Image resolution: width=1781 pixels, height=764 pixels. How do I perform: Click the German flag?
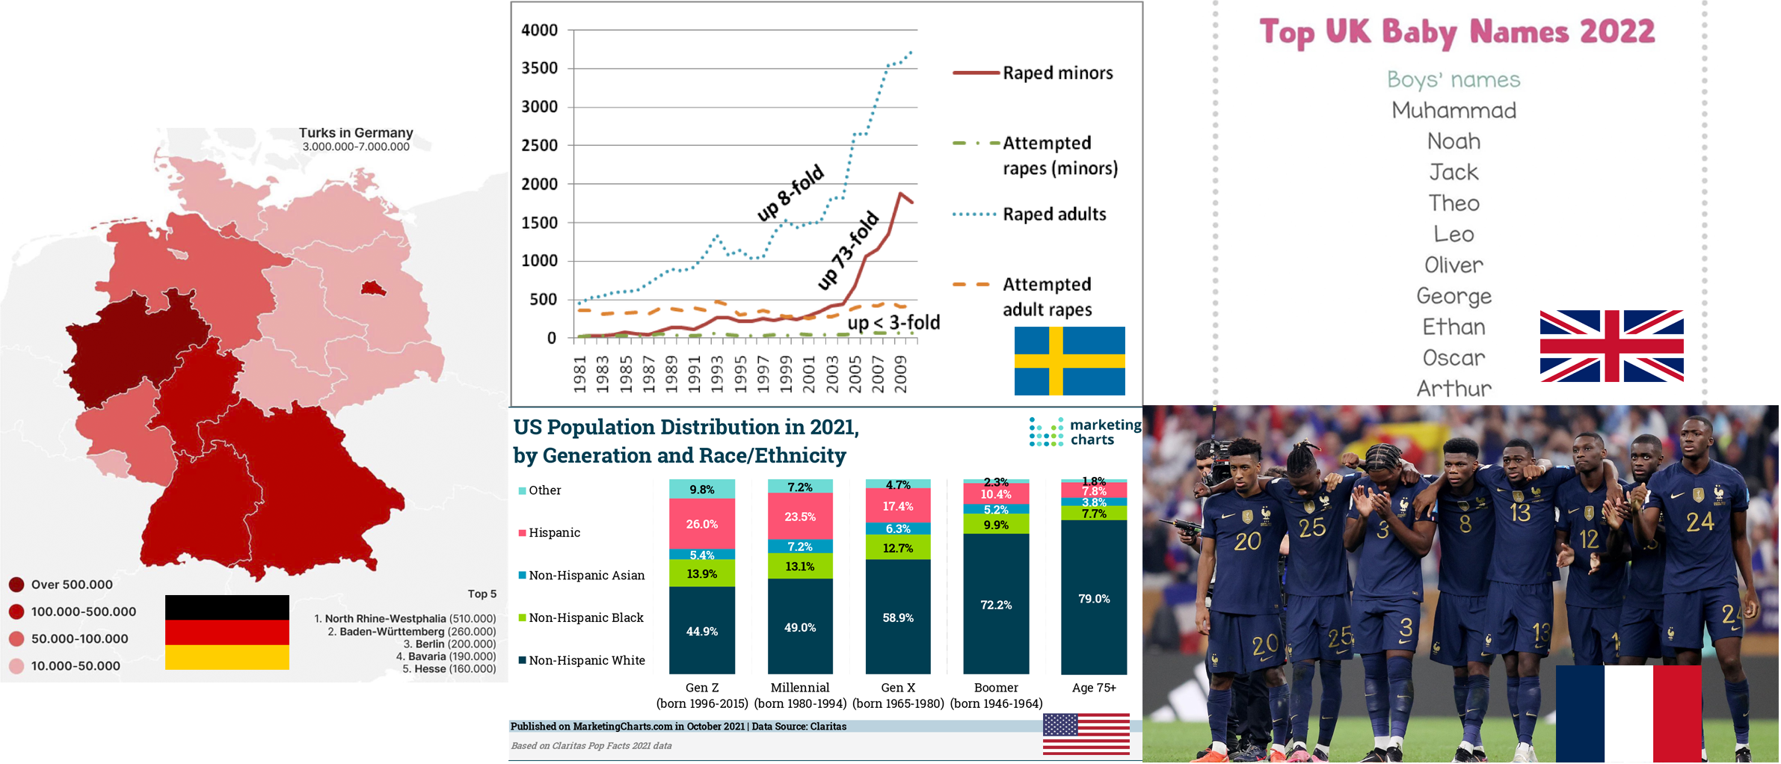click(x=227, y=632)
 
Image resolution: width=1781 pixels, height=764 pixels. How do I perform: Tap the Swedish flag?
click(x=1068, y=360)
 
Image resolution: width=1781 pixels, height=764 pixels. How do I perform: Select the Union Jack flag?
click(x=1611, y=345)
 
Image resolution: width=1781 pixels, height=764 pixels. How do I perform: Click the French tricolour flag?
click(x=1628, y=713)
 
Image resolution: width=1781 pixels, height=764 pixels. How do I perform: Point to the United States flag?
click(x=1086, y=733)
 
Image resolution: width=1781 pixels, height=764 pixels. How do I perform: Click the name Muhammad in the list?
click(x=1454, y=111)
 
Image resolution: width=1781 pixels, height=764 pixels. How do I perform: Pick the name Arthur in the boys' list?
click(x=1454, y=389)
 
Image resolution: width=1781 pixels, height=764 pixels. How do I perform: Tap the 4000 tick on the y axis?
click(x=539, y=31)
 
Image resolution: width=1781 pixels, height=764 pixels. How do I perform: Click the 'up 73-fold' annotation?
click(x=848, y=250)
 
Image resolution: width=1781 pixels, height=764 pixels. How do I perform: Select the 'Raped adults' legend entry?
click(x=1053, y=215)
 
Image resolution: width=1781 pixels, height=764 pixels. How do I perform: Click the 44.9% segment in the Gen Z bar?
click(x=701, y=631)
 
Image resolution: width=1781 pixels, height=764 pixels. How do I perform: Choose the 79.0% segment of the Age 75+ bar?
click(x=1093, y=598)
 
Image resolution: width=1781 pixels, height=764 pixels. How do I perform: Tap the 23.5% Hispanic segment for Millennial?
click(x=799, y=517)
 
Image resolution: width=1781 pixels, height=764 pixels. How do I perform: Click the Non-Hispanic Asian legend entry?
click(x=586, y=575)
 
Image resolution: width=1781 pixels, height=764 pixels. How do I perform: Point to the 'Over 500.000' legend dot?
click(x=16, y=585)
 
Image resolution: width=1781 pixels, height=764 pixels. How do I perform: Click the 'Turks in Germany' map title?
click(x=356, y=133)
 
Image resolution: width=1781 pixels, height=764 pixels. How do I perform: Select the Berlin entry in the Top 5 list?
click(x=449, y=644)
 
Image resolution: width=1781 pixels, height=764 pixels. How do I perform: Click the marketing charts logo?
click(x=1085, y=432)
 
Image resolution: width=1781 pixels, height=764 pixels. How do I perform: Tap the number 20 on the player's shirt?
click(x=1247, y=540)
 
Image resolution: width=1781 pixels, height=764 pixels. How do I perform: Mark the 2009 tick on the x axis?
click(x=901, y=373)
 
